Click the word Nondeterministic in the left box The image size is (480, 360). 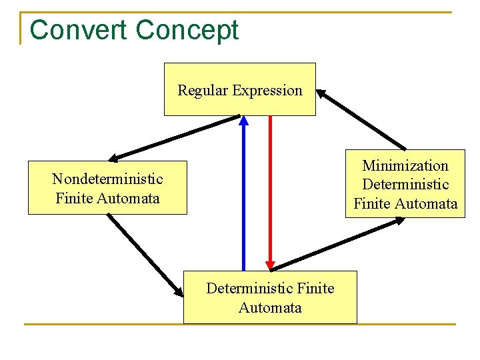coord(107,179)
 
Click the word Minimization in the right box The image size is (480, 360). coord(405,165)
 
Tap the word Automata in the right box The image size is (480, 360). coord(429,203)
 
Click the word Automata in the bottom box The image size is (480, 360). coord(270,307)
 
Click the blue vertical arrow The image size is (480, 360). coord(243,200)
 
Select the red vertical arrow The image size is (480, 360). coord(270,187)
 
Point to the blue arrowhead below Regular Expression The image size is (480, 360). coord(243,121)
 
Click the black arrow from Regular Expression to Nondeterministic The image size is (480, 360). coord(175,138)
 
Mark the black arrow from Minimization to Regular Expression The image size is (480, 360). coord(362,119)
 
